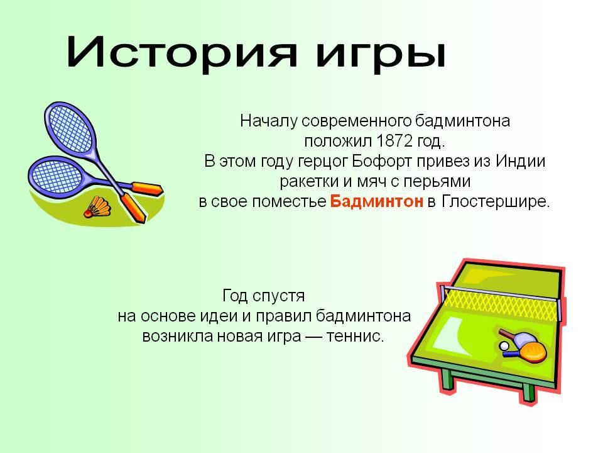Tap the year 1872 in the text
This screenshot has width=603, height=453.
pos(394,141)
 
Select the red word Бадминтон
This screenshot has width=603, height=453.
pos(376,201)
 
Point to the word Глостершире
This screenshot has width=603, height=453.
pos(495,201)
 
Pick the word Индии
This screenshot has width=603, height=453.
pos(520,160)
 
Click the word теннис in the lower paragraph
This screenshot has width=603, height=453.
pos(355,336)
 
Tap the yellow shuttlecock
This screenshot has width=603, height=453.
pos(98,207)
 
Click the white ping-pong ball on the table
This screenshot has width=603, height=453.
pos(504,345)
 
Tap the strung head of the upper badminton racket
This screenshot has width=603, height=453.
pos(69,128)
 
